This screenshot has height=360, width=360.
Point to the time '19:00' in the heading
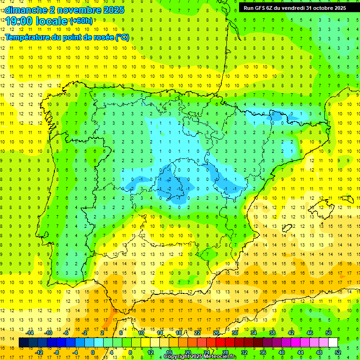click(x=20, y=21)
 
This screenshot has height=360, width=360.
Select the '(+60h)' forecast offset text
click(x=81, y=21)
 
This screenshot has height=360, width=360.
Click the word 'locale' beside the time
click(x=52, y=21)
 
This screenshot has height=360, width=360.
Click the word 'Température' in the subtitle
click(x=28, y=37)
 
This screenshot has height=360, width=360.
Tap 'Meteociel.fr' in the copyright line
click(x=220, y=357)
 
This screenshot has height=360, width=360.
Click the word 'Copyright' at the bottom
click(x=177, y=357)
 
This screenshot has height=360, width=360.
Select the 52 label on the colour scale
click(x=338, y=352)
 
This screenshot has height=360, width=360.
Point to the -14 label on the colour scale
click(x=30, y=333)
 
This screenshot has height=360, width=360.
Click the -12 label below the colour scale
click(x=39, y=352)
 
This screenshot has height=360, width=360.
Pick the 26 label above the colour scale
click(x=216, y=333)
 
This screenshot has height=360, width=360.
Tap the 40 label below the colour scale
click(x=281, y=352)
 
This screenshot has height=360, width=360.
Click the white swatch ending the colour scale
click(x=333, y=343)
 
